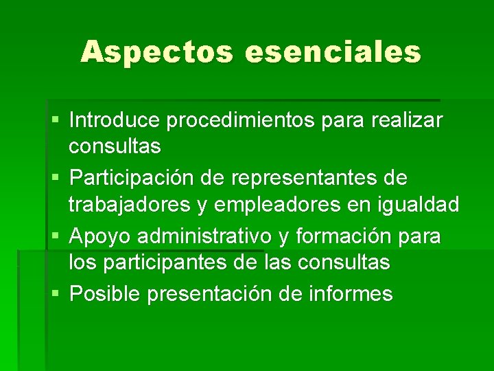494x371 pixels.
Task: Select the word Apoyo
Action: (x=101, y=237)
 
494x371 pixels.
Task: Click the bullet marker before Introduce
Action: (x=55, y=121)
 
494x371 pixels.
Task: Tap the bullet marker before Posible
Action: (x=55, y=294)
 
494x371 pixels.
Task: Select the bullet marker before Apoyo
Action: (x=55, y=236)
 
